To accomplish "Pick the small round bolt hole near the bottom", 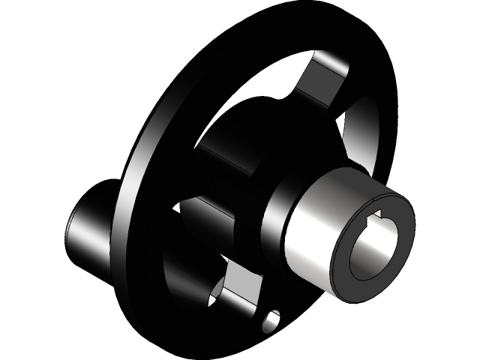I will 272,322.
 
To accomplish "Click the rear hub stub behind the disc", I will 90,232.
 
